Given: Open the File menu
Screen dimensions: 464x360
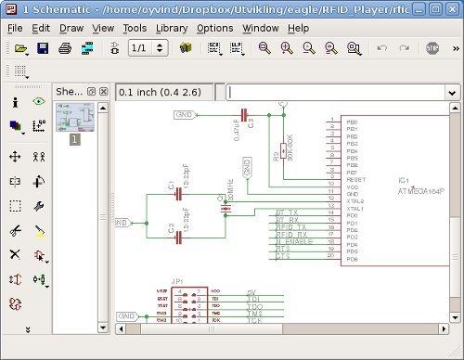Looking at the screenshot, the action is (x=15, y=28).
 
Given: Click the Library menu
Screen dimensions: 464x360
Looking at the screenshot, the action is (x=172, y=28).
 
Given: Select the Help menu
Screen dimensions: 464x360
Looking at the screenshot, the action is (x=299, y=28).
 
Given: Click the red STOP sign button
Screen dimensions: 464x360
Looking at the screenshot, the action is (x=432, y=47).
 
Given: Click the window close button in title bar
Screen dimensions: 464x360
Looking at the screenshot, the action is (x=452, y=7).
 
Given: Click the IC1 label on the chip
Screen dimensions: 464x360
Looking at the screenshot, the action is (x=404, y=179).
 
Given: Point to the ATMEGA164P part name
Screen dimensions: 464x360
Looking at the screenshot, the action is (x=422, y=191).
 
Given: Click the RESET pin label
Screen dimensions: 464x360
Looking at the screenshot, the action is (x=355, y=179).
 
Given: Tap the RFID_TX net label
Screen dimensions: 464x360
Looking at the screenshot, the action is (x=291, y=227).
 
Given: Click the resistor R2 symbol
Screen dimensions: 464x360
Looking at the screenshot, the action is (x=282, y=151).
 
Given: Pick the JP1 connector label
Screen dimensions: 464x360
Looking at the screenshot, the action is (x=177, y=279).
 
